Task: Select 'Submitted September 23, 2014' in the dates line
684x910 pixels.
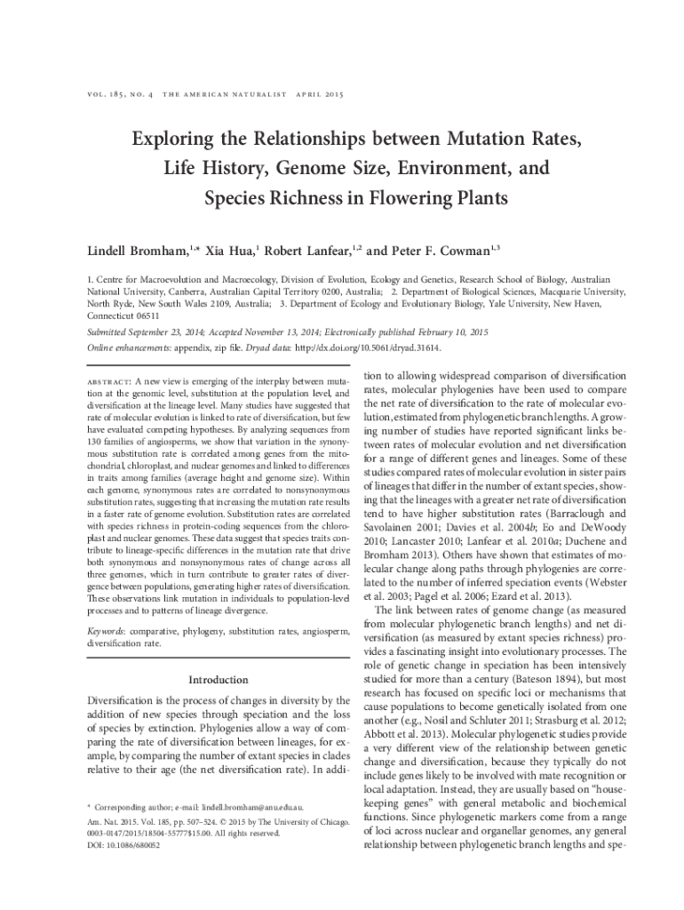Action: pyautogui.click(x=150, y=331)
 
